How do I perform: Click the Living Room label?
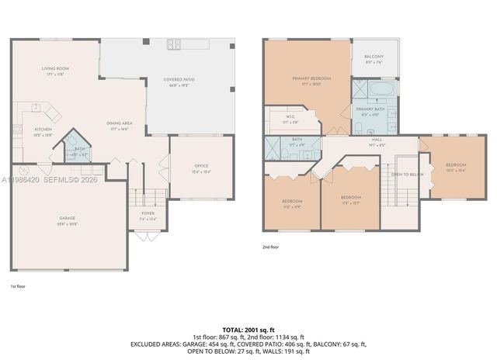[x=56, y=69]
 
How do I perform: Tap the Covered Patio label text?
[x=178, y=80]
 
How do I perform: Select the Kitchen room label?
[x=43, y=130]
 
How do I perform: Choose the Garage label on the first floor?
[x=67, y=219]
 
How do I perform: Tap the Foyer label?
[x=147, y=213]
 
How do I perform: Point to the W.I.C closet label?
[x=291, y=118]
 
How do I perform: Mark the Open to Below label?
[x=407, y=175]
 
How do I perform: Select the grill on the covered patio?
[x=173, y=43]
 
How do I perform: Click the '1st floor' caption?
[x=19, y=286]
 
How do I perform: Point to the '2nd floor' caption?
[x=270, y=247]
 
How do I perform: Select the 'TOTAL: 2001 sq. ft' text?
[x=248, y=330]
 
